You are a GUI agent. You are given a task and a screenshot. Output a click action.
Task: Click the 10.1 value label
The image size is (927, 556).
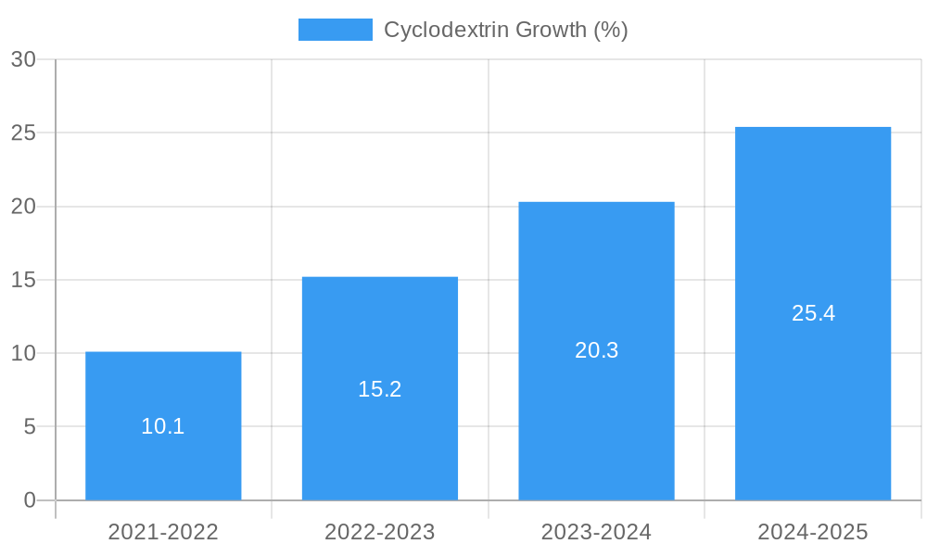(x=163, y=427)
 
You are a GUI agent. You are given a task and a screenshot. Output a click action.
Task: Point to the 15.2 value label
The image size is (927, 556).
(x=380, y=389)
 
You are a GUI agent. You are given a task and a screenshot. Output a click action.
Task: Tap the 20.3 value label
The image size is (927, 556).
(x=596, y=351)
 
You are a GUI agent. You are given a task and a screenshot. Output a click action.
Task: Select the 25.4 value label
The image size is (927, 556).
(x=813, y=313)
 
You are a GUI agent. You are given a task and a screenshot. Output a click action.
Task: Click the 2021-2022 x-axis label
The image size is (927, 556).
(x=163, y=533)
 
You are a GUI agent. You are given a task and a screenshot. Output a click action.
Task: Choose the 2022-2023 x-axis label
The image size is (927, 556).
(x=380, y=533)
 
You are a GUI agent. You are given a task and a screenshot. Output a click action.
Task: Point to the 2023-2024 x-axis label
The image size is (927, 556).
(x=596, y=533)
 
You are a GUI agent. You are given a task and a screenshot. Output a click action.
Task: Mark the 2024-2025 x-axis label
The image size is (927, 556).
(x=813, y=533)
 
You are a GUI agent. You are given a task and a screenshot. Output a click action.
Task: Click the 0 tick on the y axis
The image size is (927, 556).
(x=29, y=500)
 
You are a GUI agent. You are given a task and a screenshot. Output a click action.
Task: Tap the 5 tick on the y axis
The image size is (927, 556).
(x=29, y=427)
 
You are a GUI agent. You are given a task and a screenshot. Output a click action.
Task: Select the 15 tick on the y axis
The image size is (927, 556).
(x=23, y=280)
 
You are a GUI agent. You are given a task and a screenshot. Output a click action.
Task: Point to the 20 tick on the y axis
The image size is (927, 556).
(x=23, y=207)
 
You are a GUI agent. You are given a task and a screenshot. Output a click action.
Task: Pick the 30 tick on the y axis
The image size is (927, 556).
(x=23, y=60)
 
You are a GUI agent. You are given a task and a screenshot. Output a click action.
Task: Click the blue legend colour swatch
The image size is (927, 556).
(x=335, y=30)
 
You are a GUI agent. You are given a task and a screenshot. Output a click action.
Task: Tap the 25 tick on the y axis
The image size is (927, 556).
(x=23, y=133)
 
